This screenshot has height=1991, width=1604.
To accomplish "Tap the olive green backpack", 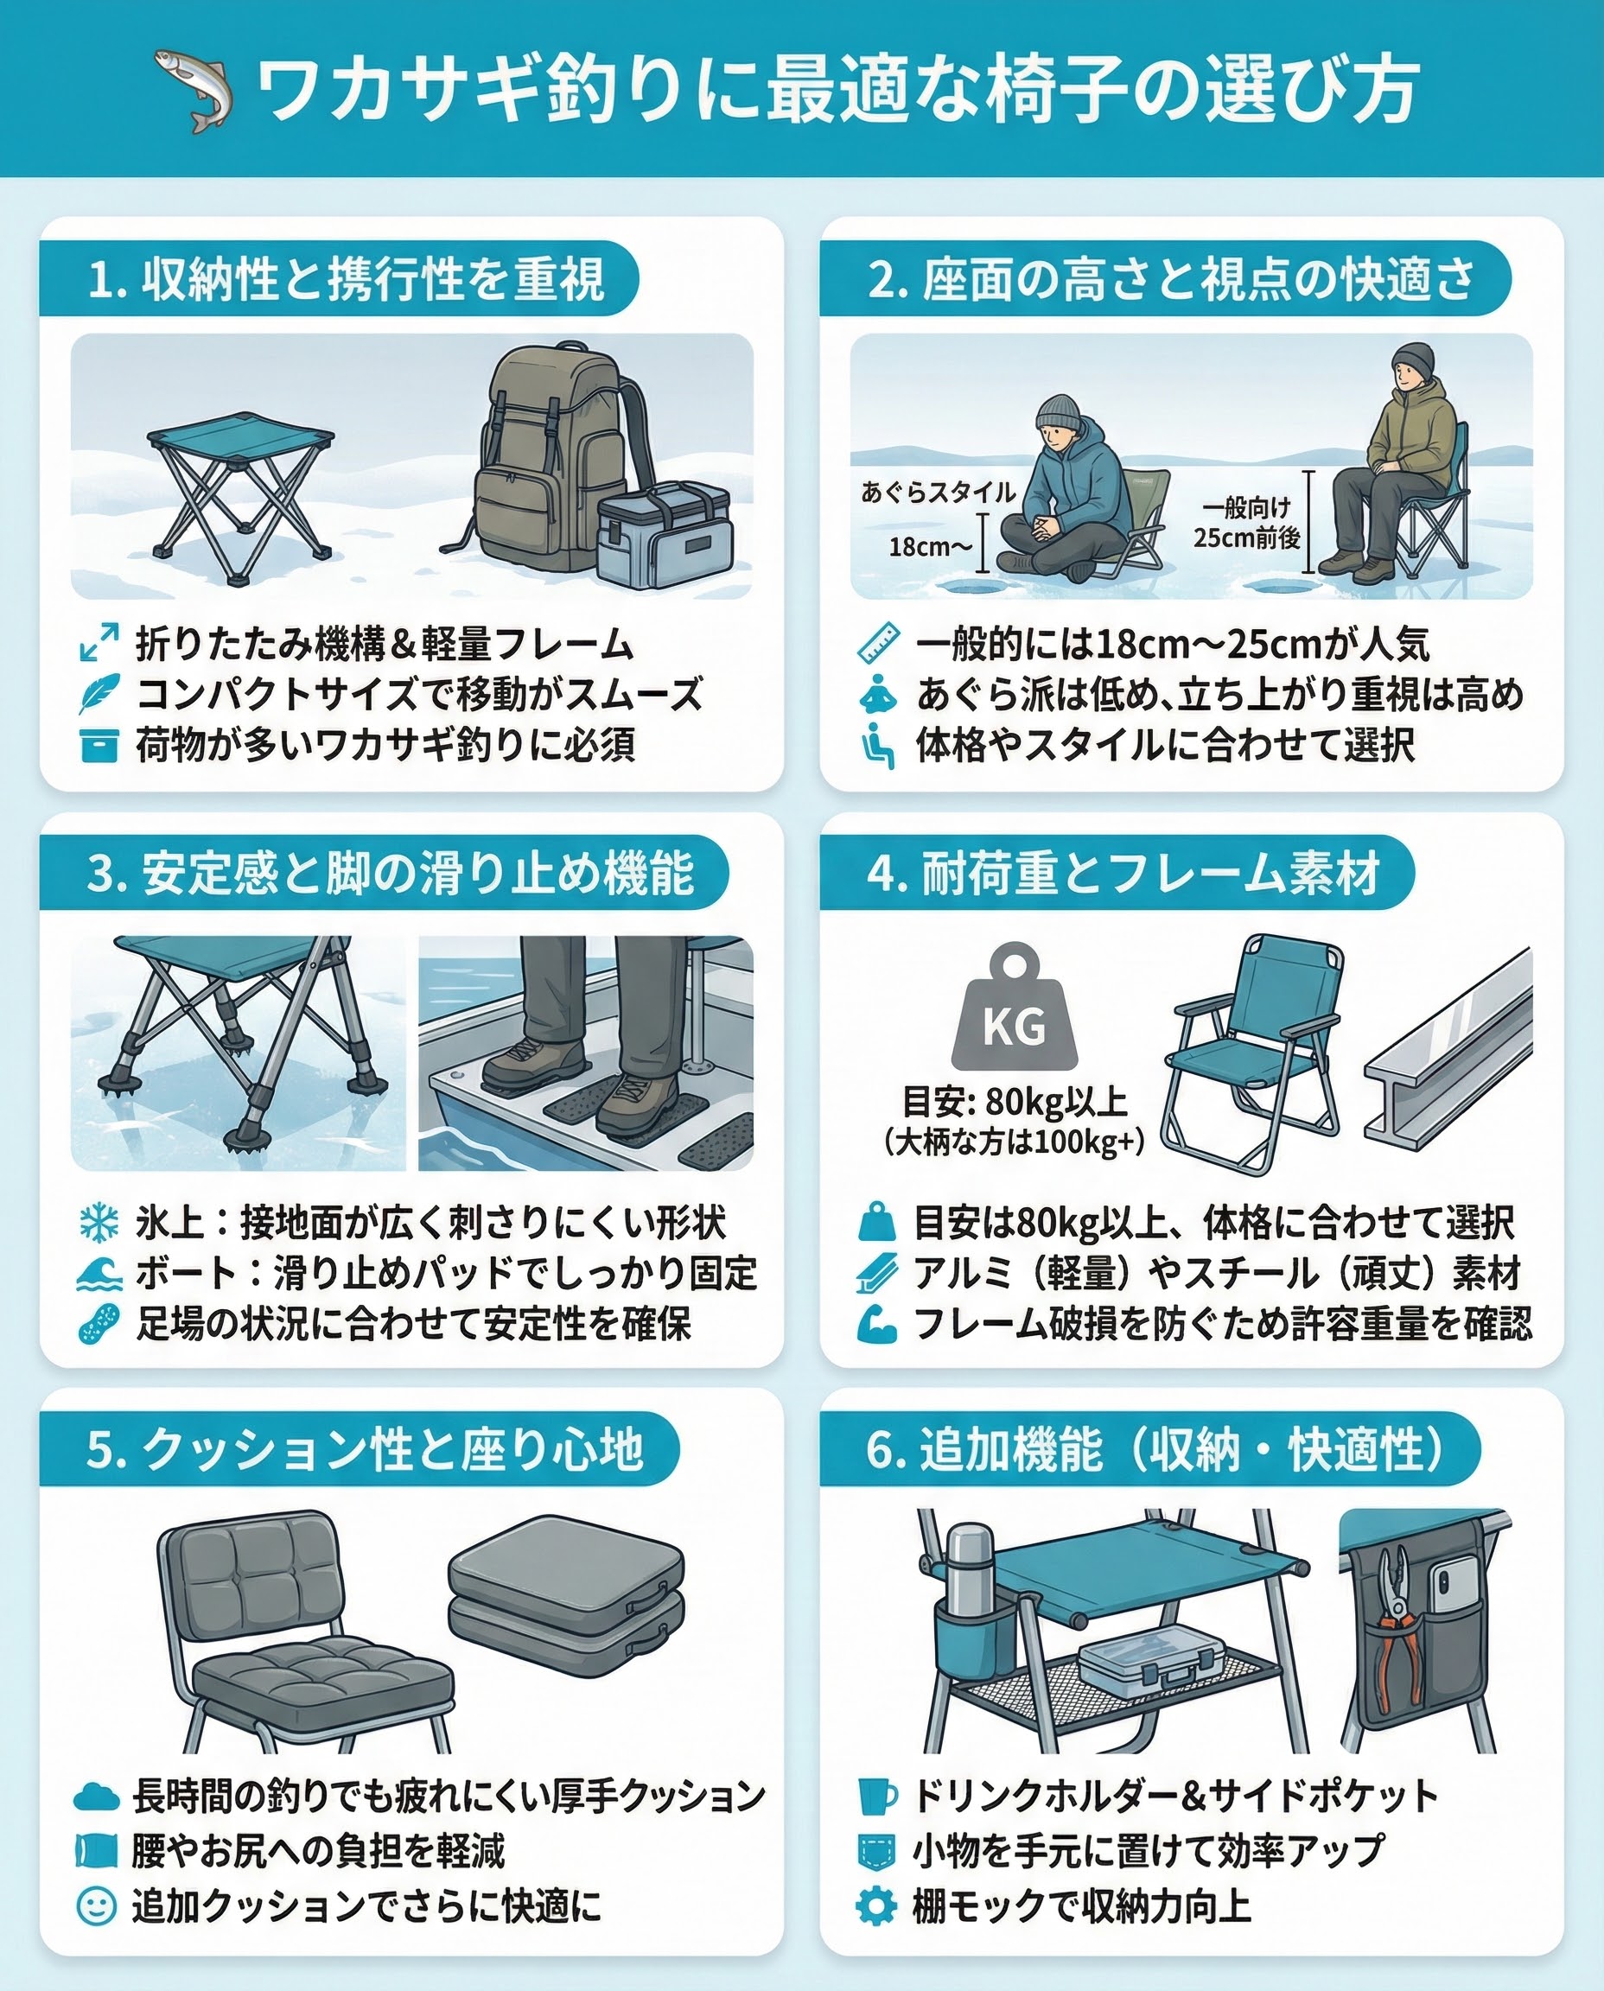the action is coord(554,457).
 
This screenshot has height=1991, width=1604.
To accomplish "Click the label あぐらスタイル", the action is coord(938,492).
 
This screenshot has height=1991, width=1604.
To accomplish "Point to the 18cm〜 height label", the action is coord(931,547).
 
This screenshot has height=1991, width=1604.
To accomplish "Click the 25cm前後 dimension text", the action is coord(1246,538).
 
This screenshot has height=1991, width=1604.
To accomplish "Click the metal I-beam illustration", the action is coord(1447,1048).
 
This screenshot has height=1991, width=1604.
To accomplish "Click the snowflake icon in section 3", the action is coord(99,1222).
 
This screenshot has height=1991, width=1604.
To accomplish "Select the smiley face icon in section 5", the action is coord(96,1905).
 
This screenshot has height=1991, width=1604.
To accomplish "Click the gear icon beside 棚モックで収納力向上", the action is coord(876,1905).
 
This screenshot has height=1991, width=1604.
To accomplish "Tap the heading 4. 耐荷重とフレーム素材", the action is coord(1123,873).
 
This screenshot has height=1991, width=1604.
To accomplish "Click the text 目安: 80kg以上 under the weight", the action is coord(1014,1101).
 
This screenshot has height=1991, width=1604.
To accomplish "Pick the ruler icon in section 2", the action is coord(878,643).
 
